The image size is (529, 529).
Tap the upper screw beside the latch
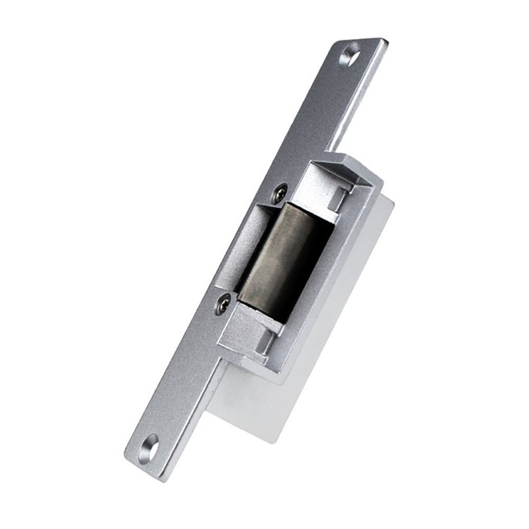[x=280, y=193]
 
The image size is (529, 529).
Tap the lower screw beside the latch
[x=223, y=303]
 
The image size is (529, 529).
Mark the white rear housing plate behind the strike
[x=331, y=331]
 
